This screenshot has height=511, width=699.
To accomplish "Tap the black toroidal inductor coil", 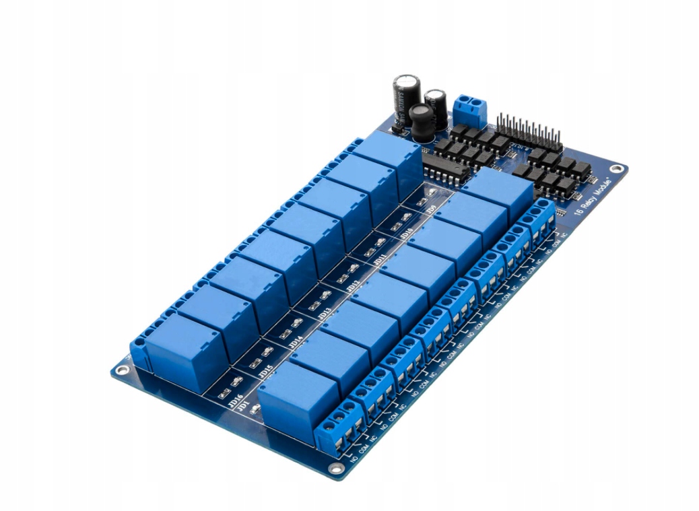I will (423, 121).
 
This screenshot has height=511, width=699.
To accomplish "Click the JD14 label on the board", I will (295, 341).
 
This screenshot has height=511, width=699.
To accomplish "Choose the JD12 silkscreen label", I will (352, 286).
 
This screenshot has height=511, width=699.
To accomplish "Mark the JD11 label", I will (380, 259).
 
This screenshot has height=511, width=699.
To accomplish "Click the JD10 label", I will (406, 235).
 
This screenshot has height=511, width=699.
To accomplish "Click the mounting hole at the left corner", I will (121, 370).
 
